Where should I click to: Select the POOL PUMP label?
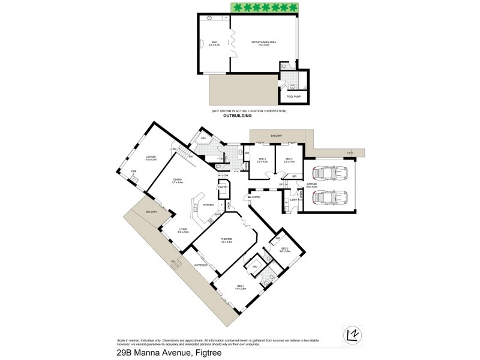[x=293, y=95]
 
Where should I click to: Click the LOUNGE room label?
[x=150, y=158]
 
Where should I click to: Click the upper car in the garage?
[x=330, y=174]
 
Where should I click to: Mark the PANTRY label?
[x=222, y=187]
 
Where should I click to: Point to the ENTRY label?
[x=256, y=197]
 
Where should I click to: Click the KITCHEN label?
[x=208, y=205]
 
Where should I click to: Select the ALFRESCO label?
[x=200, y=264]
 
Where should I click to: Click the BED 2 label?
[x=284, y=250]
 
